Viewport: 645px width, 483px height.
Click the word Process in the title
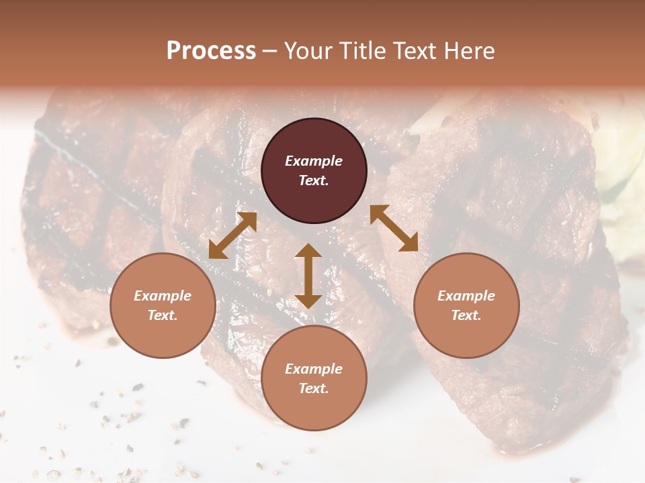point(211,51)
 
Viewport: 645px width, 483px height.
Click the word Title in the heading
point(358,51)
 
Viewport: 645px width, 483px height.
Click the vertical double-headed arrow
point(308,276)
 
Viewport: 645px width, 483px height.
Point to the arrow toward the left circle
point(232,235)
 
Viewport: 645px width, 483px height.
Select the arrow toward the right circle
point(394,228)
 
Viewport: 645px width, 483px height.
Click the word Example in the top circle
point(314,161)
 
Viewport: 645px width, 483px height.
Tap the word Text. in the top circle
point(314,180)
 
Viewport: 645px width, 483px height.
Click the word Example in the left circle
point(163,296)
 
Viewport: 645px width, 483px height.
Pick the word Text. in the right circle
point(466,315)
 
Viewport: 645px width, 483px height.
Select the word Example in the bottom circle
point(314,369)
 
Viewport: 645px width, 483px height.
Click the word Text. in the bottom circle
point(314,388)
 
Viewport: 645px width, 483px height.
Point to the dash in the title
point(270,52)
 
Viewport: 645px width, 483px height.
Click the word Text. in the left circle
point(163,315)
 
